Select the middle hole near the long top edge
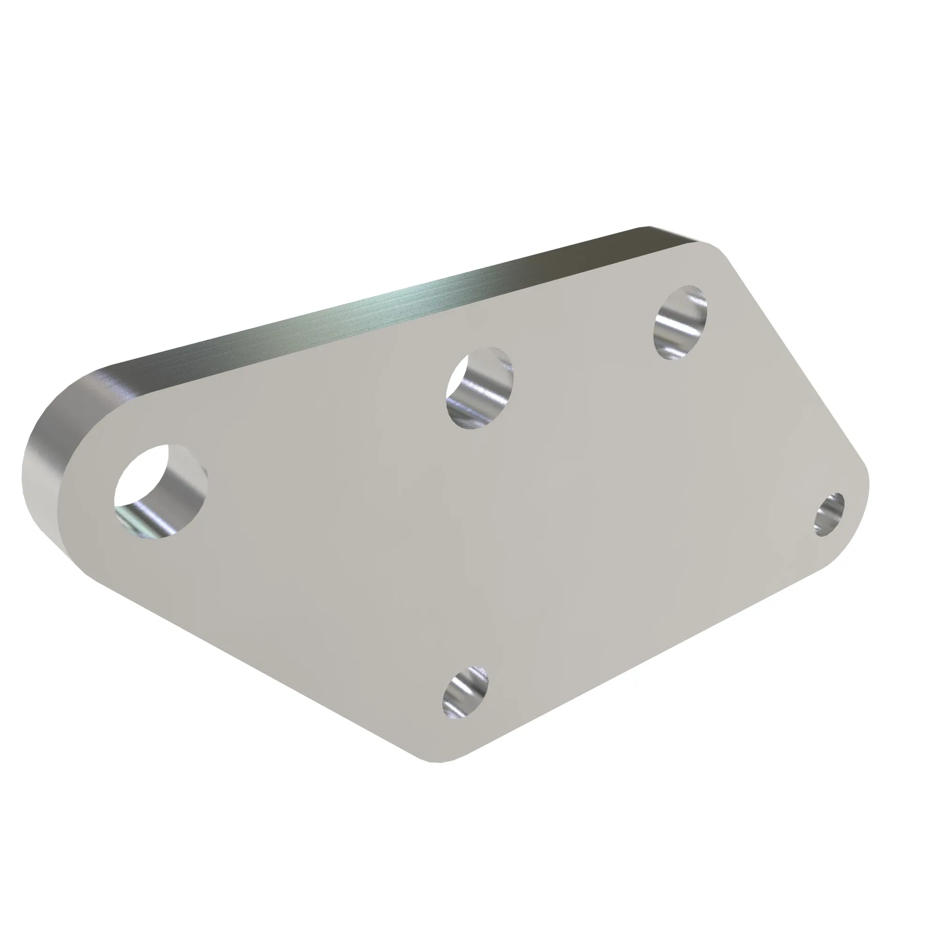tap(479, 388)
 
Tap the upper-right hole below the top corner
tap(680, 322)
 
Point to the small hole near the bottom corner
tap(465, 693)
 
